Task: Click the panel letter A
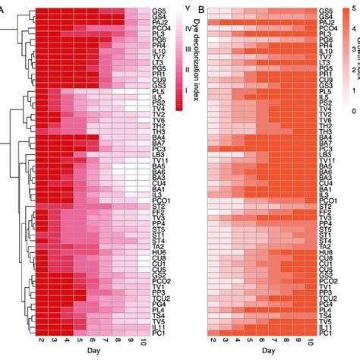[x=4, y=10]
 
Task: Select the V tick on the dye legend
[x=186, y=7]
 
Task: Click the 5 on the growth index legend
[x=355, y=7]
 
